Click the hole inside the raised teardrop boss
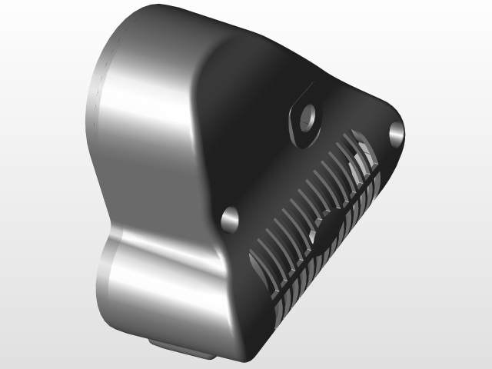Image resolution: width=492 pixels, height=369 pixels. pyautogui.click(x=309, y=116)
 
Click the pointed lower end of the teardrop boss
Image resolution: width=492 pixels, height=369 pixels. pyautogui.click(x=300, y=144)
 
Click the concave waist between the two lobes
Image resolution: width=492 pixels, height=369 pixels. pyautogui.click(x=115, y=223)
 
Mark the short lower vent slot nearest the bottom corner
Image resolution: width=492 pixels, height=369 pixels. pyautogui.click(x=280, y=312)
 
